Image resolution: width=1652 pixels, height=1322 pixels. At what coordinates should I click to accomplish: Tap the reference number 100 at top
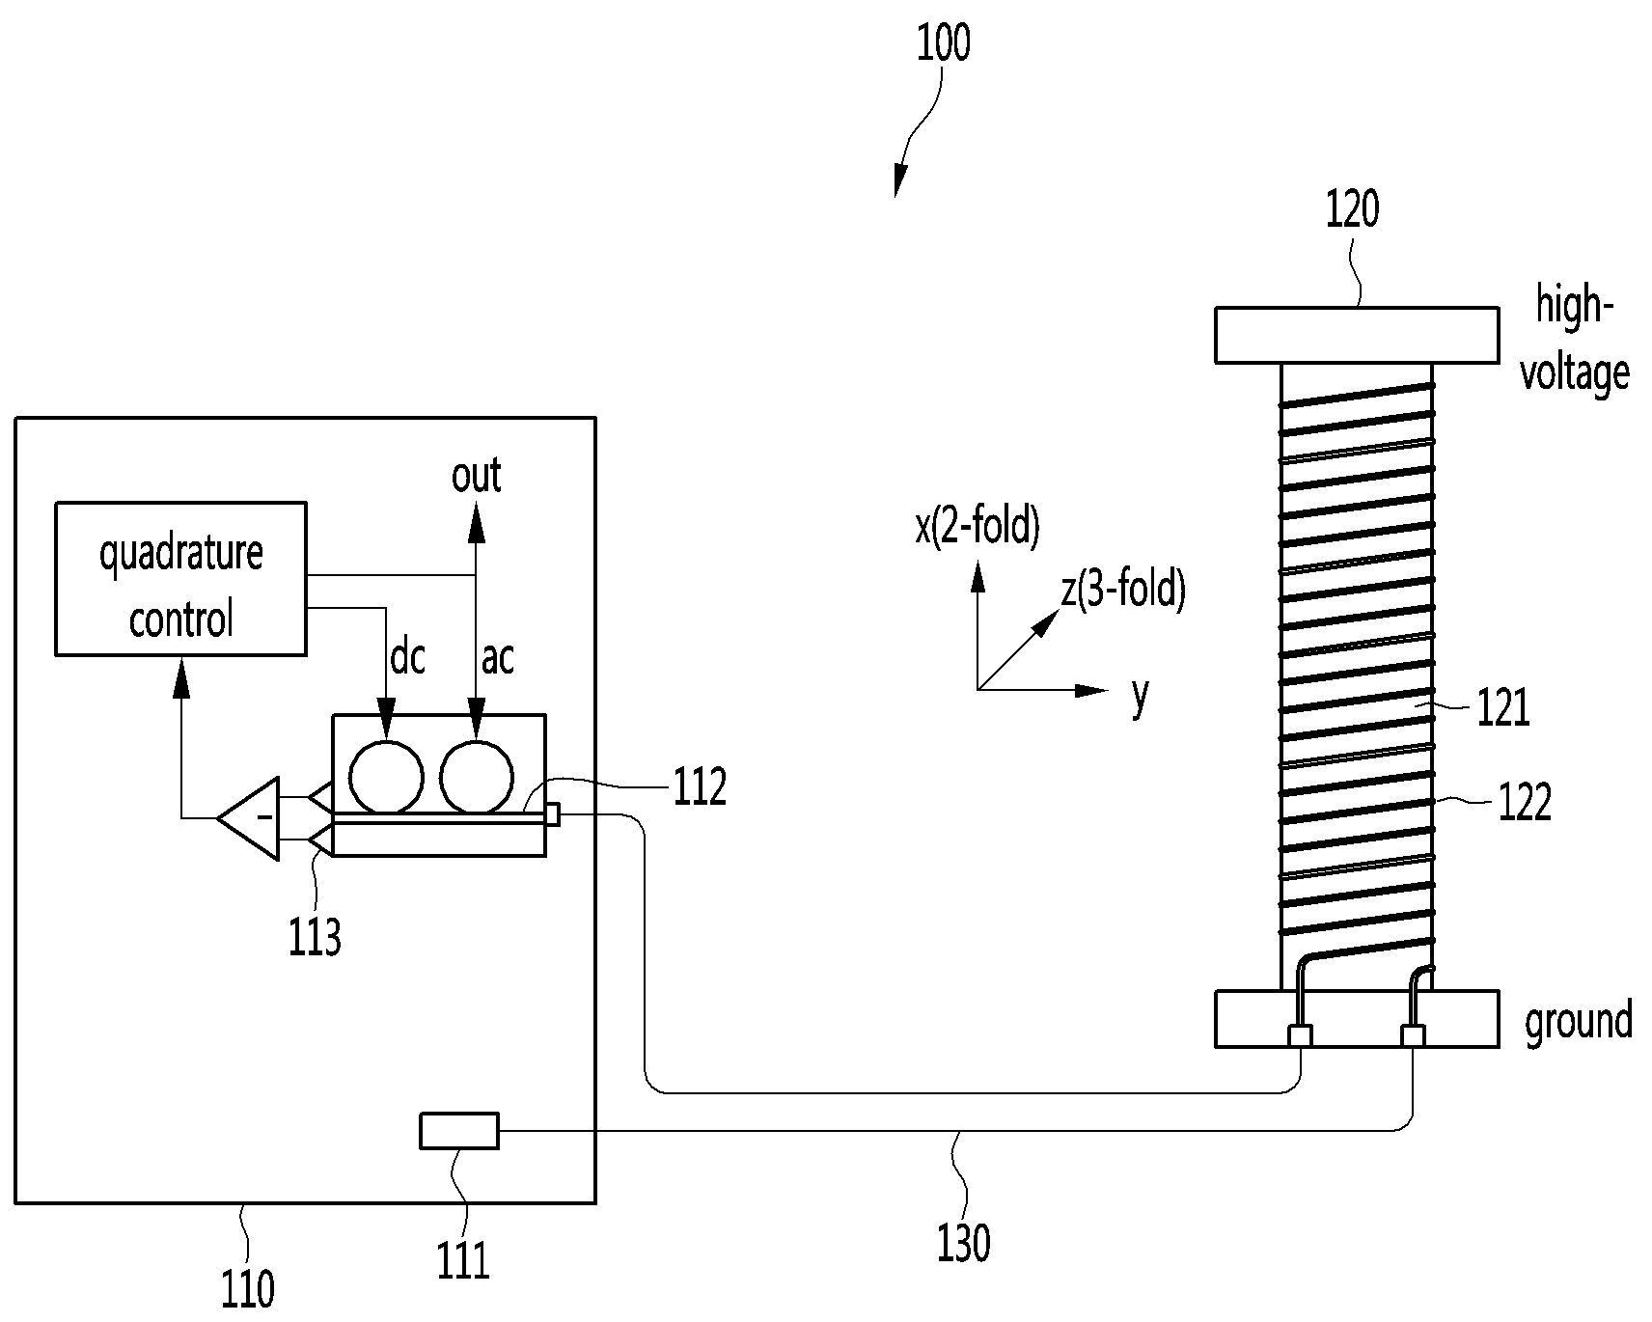[x=943, y=43]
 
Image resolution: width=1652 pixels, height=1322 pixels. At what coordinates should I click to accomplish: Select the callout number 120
[x=1352, y=208]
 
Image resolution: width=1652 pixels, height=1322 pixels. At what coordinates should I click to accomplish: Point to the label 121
[x=1503, y=709]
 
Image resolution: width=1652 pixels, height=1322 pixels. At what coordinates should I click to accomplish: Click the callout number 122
[x=1525, y=802]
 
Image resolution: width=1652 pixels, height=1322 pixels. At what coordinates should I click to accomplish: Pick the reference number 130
[x=964, y=1243]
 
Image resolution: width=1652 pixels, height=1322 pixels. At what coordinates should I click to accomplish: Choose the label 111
[x=464, y=1259]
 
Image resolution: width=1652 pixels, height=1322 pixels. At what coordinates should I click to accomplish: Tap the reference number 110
[x=248, y=1288]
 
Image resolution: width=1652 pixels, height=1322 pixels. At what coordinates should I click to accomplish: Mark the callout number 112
[x=700, y=787]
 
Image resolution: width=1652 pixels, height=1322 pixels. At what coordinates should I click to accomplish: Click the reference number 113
[x=315, y=936]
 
